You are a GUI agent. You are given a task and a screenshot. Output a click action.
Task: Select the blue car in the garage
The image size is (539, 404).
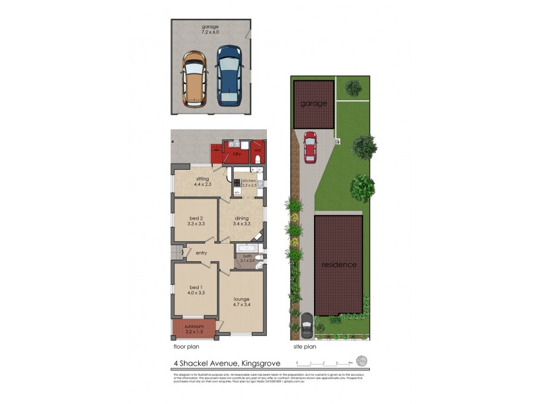[229, 74]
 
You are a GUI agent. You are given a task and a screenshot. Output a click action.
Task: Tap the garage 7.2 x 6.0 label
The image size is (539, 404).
[210, 30]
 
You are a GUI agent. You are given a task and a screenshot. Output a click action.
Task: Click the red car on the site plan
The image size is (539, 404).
[310, 147]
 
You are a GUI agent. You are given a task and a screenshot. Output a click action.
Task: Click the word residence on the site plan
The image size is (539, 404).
[338, 265]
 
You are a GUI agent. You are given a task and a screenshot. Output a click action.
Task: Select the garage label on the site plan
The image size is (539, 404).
[314, 104]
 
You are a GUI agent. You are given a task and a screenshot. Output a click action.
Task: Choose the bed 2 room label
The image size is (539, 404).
[195, 220]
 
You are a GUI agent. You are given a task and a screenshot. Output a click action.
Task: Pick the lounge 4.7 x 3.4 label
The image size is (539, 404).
[241, 302]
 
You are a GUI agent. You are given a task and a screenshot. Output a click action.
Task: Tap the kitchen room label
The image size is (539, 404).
[250, 182]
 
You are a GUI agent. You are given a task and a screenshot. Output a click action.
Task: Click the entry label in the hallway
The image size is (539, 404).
[201, 253]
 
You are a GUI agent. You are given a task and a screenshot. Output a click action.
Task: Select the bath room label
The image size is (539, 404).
[248, 257]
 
